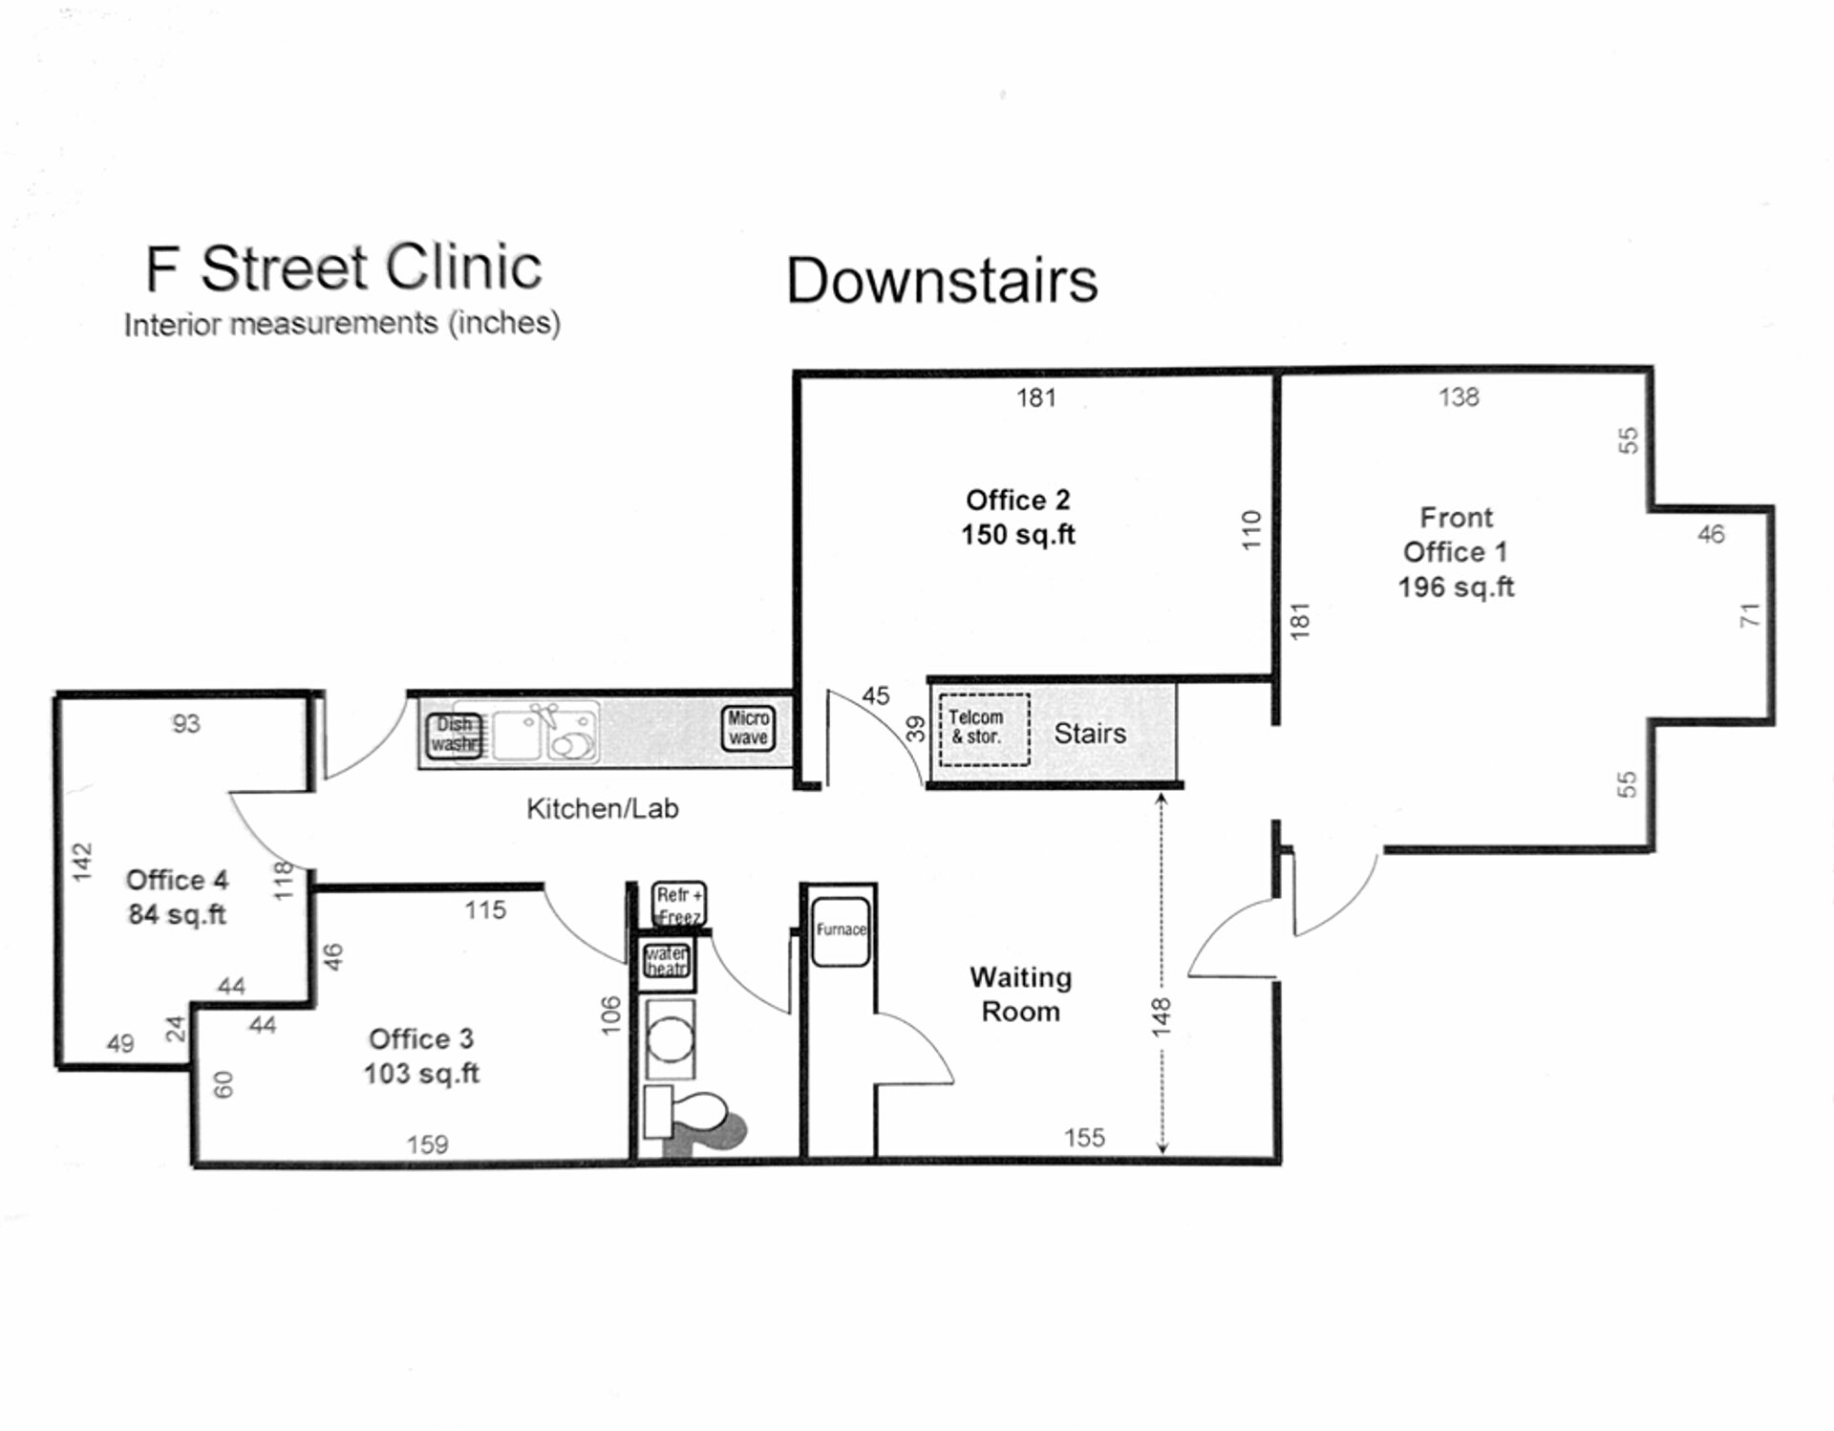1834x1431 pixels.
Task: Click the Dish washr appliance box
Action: (x=454, y=735)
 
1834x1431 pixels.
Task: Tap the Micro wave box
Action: (x=748, y=728)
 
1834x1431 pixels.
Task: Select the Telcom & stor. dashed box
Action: (x=984, y=728)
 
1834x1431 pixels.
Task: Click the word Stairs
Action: (x=1090, y=734)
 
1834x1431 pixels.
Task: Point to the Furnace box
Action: (x=841, y=930)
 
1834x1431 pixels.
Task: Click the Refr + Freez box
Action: (x=679, y=904)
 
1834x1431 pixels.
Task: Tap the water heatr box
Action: (x=667, y=961)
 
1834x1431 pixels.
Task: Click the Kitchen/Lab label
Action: (x=602, y=809)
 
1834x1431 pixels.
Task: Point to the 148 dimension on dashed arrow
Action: (x=1161, y=1016)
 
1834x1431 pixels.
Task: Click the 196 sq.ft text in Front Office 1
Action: (x=1456, y=587)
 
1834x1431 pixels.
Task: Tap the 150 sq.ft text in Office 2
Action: (x=1017, y=534)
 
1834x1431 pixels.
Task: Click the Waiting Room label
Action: (x=1020, y=994)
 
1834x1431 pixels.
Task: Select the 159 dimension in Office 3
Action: (x=427, y=1143)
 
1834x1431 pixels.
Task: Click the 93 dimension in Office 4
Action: (x=186, y=724)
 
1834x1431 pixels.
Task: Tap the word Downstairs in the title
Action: (x=942, y=281)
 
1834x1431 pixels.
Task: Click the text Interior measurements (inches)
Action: (x=342, y=324)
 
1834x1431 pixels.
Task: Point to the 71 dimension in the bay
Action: (x=1749, y=616)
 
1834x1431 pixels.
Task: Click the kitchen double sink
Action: (x=545, y=734)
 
